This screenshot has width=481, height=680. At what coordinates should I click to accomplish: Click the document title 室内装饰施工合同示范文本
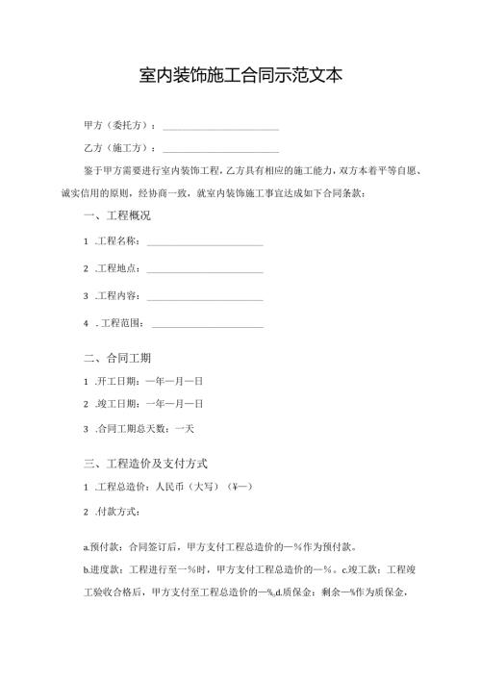[240, 75]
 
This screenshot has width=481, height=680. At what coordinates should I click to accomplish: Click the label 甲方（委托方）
[118, 126]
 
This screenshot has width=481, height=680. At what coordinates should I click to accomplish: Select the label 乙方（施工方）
[118, 148]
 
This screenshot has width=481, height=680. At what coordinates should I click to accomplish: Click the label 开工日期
[118, 382]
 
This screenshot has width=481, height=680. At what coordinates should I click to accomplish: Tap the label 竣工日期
[118, 404]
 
